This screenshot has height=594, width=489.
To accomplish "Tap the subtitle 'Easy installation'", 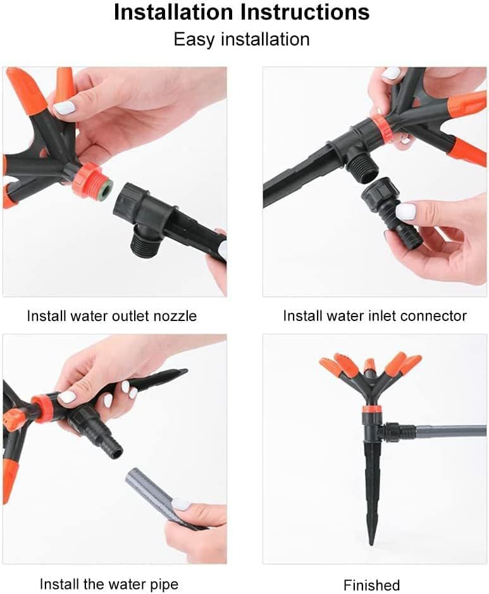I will point(242,40).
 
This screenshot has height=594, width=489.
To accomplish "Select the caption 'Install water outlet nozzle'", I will point(111,316).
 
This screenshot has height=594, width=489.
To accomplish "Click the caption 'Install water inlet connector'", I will point(374,316).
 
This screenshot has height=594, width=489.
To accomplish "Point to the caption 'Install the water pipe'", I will point(109,584).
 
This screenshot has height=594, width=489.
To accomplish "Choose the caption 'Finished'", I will point(371,585).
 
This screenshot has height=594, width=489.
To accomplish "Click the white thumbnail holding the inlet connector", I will point(405,211).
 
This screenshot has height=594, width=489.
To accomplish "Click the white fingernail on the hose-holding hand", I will point(181,504).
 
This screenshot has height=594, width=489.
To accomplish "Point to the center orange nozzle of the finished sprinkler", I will point(370,365).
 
